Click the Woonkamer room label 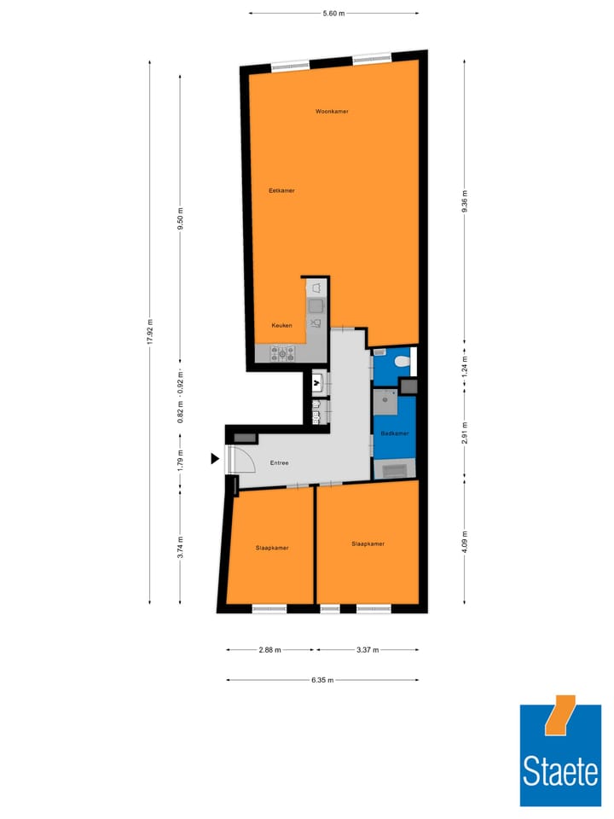[x=332, y=112]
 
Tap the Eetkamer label [x=281, y=190]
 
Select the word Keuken [x=282, y=325]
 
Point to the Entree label [x=279, y=463]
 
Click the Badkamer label [x=395, y=433]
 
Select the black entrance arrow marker [x=215, y=459]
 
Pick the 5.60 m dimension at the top [x=334, y=13]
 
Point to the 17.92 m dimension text [x=150, y=331]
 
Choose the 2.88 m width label [x=270, y=650]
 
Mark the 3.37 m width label [x=368, y=650]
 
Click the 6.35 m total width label [x=322, y=680]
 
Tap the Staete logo [x=560, y=755]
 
